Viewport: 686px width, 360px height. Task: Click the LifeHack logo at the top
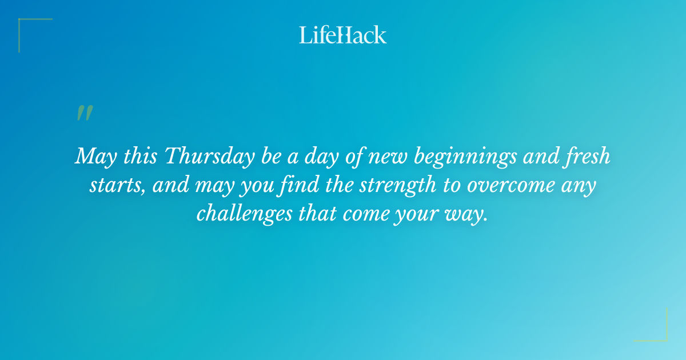[x=343, y=35]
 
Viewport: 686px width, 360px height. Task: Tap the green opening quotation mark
[x=84, y=113]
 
